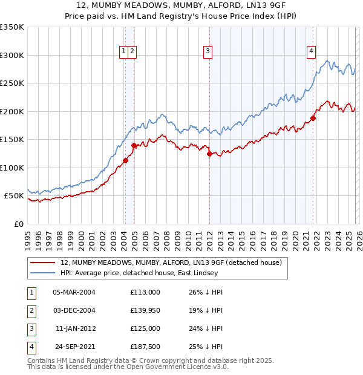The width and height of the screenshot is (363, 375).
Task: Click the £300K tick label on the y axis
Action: tap(12, 55)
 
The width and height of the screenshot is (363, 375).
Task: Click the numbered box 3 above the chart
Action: tap(208, 52)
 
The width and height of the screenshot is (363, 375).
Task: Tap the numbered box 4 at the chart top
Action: tap(311, 52)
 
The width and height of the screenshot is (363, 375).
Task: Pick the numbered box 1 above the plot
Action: tap(123, 52)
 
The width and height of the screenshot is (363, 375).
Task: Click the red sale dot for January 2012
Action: tap(209, 154)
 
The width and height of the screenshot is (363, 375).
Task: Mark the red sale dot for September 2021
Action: tap(313, 118)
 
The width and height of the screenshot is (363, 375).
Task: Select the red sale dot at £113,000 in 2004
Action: tap(125, 160)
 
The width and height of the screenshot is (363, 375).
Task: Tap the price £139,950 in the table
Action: tap(145, 310)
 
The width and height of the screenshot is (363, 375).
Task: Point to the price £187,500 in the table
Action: tap(145, 347)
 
